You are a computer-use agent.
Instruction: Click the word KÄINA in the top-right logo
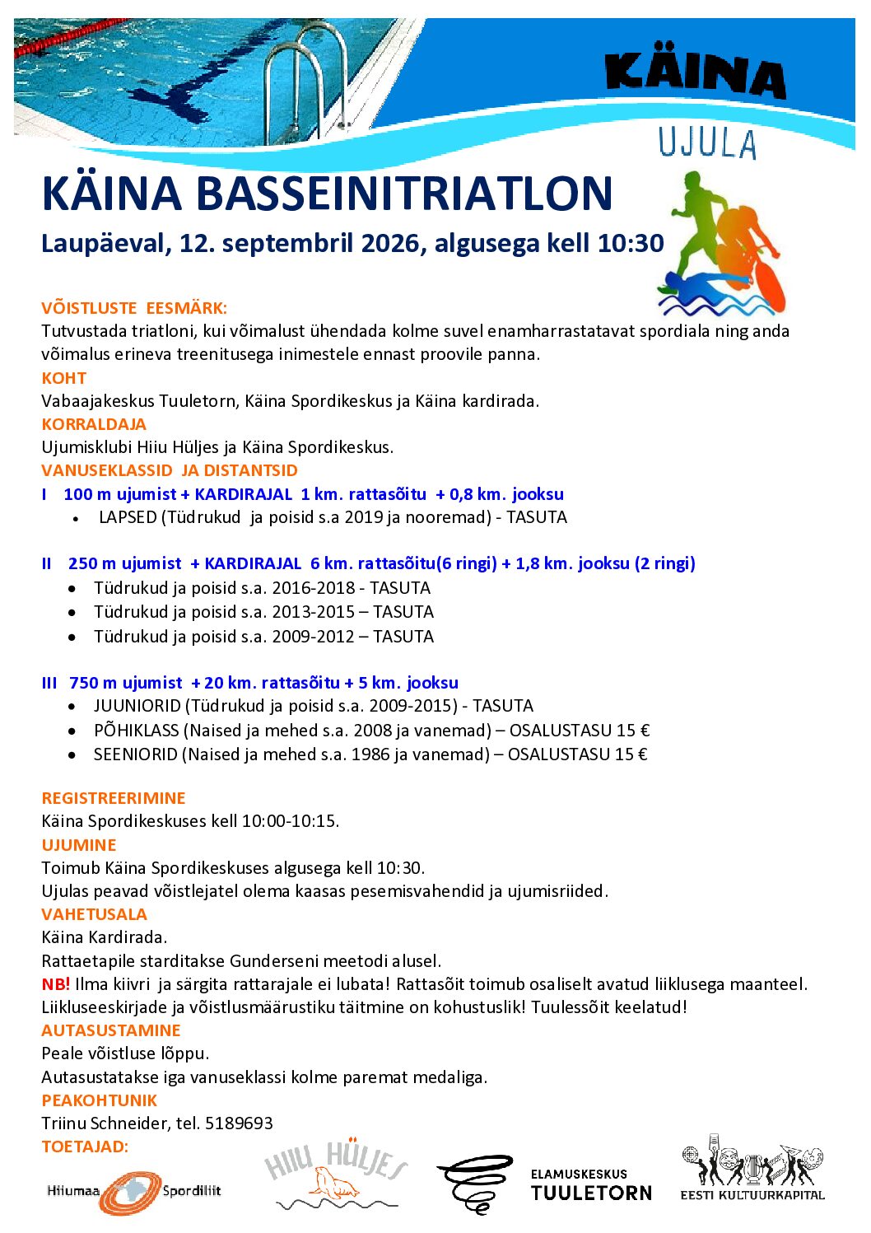click(695, 75)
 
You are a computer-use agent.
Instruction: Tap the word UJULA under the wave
click(706, 143)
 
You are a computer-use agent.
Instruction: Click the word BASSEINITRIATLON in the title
click(404, 194)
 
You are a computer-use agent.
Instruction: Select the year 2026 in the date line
click(391, 243)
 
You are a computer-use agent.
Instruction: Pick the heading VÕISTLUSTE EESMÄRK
click(134, 308)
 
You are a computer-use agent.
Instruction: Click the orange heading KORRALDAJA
click(94, 424)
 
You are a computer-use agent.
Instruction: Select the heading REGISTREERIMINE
click(114, 797)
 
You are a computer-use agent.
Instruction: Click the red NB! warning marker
click(55, 983)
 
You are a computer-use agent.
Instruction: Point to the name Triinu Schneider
click(105, 1123)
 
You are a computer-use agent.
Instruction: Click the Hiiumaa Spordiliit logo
click(133, 1191)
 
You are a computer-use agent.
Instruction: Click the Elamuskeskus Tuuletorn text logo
click(590, 1184)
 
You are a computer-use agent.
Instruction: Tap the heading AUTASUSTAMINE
click(111, 1030)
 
